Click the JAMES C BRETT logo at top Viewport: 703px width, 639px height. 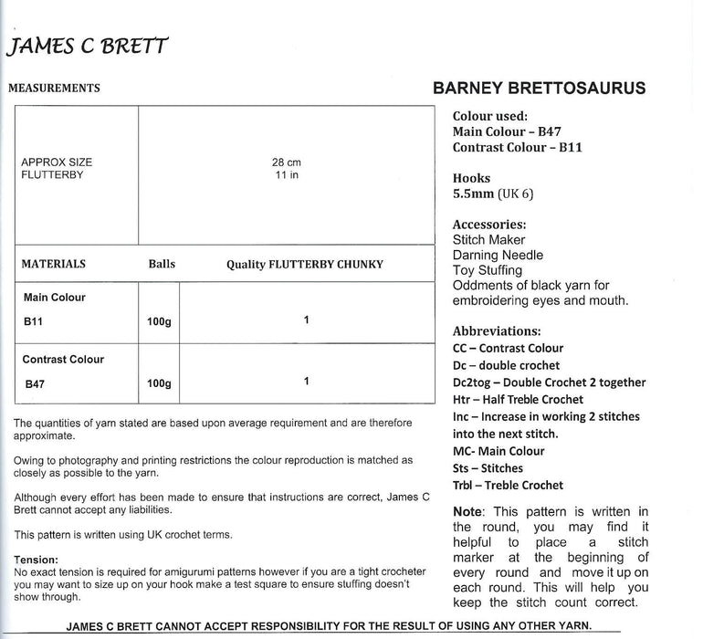88,46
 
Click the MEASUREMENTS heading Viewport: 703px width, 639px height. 54,89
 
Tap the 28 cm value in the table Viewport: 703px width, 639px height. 286,162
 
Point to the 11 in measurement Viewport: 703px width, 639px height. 286,174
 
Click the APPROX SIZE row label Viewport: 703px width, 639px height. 57,162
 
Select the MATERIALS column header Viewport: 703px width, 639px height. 53,264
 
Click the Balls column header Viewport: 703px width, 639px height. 161,264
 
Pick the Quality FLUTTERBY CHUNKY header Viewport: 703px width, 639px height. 305,265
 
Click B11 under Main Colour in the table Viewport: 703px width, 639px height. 33,321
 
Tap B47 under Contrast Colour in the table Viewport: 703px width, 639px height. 33,384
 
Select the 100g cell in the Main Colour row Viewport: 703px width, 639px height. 159,321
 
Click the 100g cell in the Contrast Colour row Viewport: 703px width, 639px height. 159,384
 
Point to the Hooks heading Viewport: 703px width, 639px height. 471,178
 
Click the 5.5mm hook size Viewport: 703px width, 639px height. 474,194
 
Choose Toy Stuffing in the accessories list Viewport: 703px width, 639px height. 488,270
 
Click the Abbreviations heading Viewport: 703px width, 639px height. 496,330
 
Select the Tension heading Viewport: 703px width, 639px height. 37,560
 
